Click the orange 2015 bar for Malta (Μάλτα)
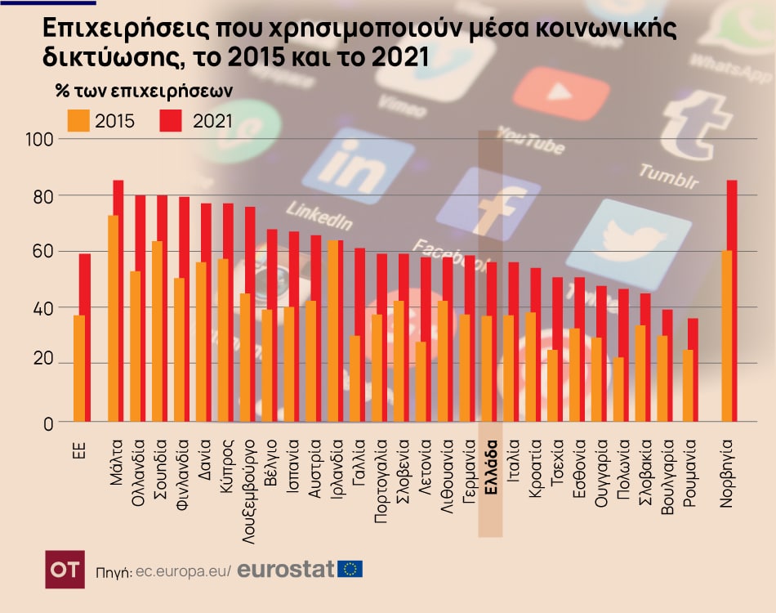pos(113,319)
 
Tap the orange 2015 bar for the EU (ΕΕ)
pos(78,368)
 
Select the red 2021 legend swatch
pos(170,121)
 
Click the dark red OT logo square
pos(65,569)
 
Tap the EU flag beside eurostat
pos(350,569)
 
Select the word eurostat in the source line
pos(286,569)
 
